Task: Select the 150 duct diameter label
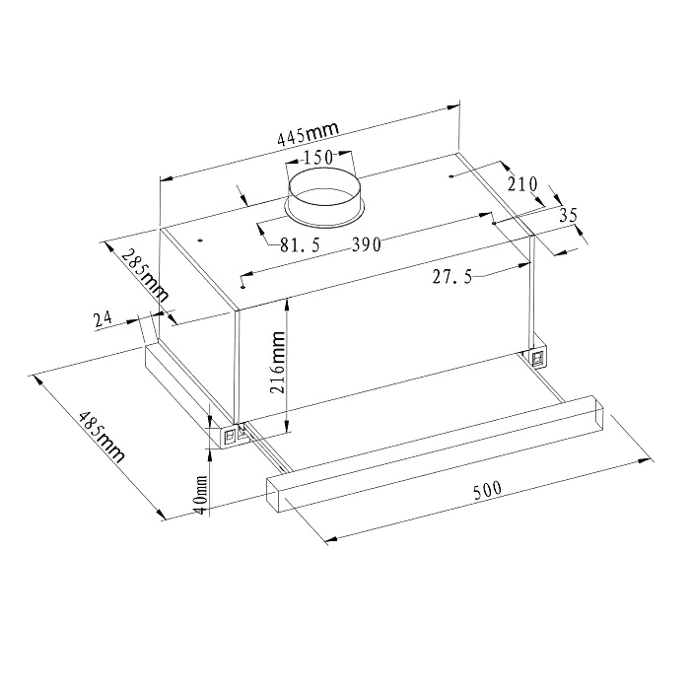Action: coord(317,158)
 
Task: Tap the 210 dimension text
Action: coord(522,183)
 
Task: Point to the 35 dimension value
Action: coord(567,215)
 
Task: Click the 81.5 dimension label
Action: coord(299,246)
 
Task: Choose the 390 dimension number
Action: coord(367,244)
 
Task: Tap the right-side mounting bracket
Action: coord(538,358)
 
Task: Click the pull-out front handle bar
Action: coord(434,452)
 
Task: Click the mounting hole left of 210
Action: coord(450,176)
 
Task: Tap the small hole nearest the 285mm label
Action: coord(198,239)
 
